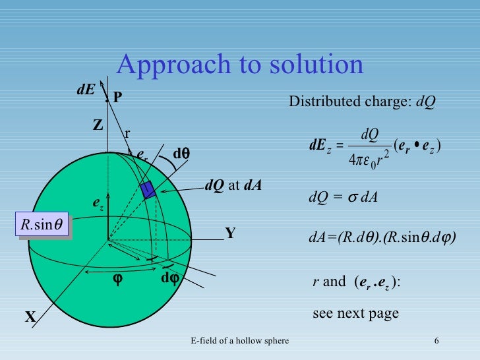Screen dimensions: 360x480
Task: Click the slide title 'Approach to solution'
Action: click(240, 65)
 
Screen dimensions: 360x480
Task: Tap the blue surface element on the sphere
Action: click(148, 189)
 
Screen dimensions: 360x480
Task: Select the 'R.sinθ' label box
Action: click(43, 225)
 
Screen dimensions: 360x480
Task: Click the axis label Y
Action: click(230, 233)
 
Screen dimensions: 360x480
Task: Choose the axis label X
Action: click(30, 318)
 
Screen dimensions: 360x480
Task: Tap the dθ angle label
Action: click(181, 154)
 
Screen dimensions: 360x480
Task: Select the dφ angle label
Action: click(170, 278)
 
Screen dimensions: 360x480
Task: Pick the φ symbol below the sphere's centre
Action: click(117, 279)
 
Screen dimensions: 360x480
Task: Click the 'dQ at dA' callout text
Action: click(233, 185)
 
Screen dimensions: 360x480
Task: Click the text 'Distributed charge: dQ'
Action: click(362, 102)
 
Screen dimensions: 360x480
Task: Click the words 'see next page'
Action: click(355, 313)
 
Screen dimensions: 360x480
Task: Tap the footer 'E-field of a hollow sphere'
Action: click(239, 340)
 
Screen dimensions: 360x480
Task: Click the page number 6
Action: click(437, 340)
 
